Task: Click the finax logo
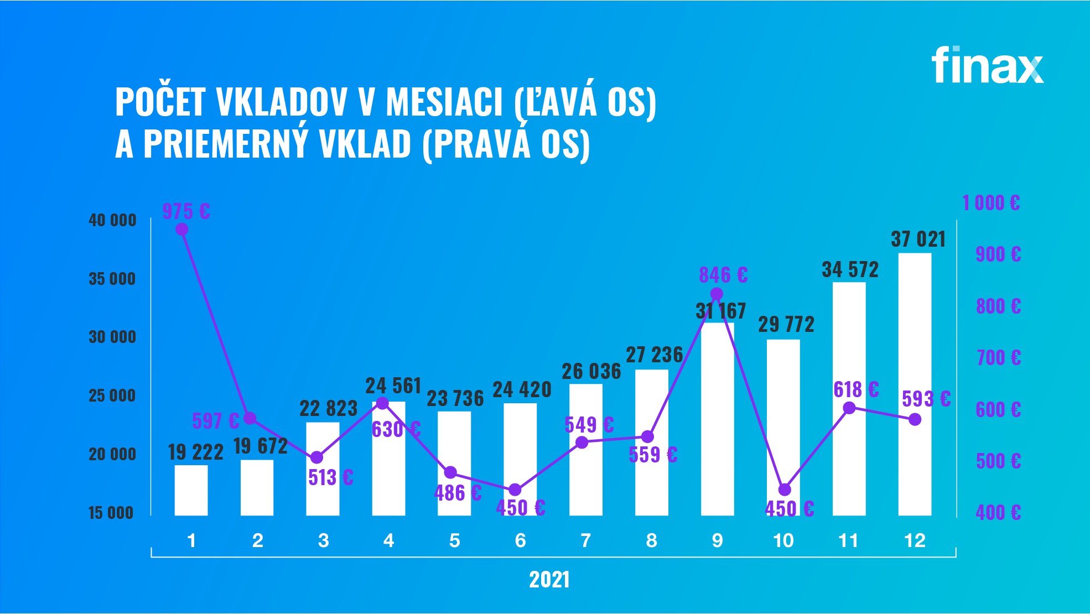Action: point(988,65)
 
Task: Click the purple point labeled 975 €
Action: point(181,229)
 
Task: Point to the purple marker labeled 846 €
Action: point(717,294)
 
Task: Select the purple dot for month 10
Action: point(784,490)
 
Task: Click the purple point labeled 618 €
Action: point(849,408)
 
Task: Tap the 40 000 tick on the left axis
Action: point(112,220)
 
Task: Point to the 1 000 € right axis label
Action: point(990,202)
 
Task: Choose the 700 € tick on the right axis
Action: point(998,358)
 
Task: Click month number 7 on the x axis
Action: point(586,540)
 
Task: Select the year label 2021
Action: point(549,580)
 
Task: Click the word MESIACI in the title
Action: point(444,102)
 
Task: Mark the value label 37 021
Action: point(918,240)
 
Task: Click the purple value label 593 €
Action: point(926,398)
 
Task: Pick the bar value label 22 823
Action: point(328,409)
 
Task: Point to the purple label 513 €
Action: point(330,477)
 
